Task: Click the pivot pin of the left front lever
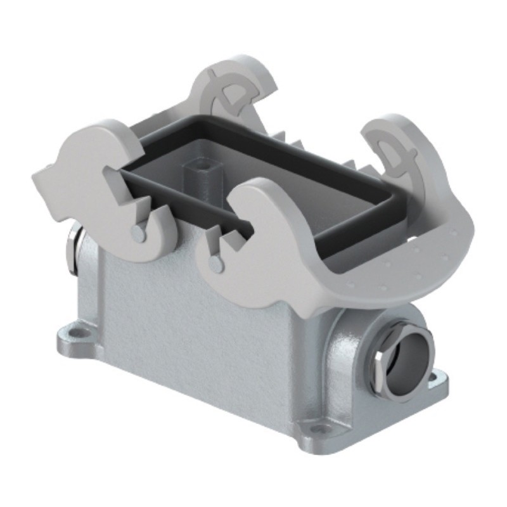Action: click(x=138, y=233)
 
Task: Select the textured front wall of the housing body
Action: click(x=190, y=330)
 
